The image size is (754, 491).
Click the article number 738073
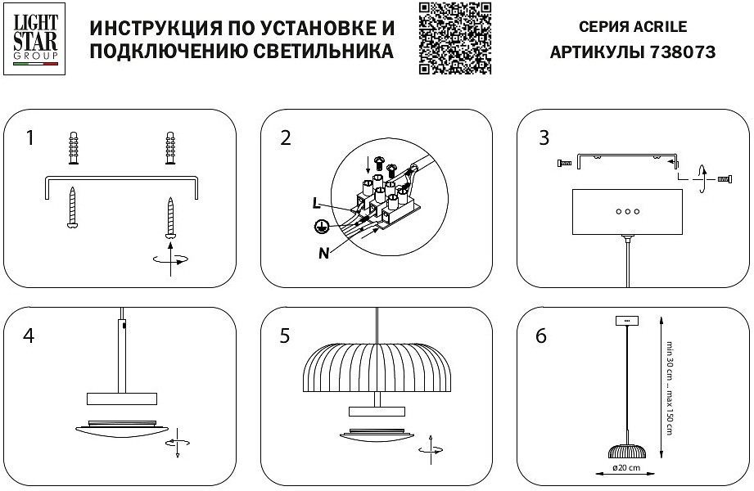click(x=682, y=52)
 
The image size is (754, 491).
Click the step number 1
click(x=29, y=137)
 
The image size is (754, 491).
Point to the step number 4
click(x=29, y=336)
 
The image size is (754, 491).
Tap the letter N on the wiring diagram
click(x=324, y=252)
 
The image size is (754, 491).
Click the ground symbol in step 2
click(x=323, y=227)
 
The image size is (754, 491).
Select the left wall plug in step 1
click(x=73, y=147)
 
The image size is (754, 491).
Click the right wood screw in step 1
click(x=171, y=217)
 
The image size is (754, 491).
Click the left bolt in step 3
click(x=562, y=164)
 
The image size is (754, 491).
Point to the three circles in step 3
click(x=628, y=210)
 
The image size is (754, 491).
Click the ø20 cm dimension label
click(x=626, y=470)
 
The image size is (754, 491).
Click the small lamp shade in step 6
click(x=626, y=450)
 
